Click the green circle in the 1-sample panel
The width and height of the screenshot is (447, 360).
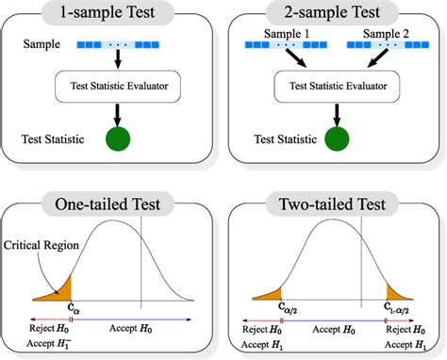118,140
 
